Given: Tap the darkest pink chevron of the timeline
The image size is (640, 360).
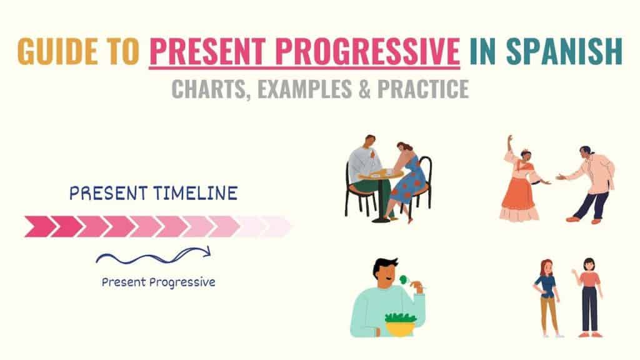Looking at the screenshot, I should [x=37, y=226].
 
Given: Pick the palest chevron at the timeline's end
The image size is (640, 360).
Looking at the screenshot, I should [x=276, y=226].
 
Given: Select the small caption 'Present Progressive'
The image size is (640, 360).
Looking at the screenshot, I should [x=158, y=282].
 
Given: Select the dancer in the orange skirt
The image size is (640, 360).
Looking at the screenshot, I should [x=519, y=187].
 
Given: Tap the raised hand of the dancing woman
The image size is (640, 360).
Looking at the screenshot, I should [x=510, y=137].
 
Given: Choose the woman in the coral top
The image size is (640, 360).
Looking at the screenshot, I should [x=589, y=294].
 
